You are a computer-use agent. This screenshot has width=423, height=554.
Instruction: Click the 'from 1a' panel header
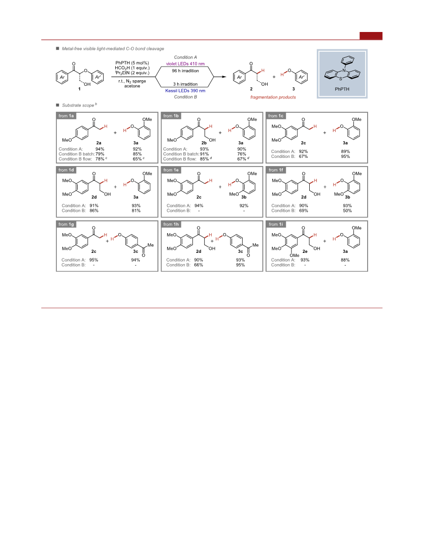coord(66,116)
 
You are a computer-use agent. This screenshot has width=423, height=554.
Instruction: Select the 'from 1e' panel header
coord(171,170)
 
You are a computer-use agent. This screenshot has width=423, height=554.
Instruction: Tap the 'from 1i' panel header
coord(276,224)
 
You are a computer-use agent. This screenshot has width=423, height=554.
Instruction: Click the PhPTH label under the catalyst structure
coord(342,89)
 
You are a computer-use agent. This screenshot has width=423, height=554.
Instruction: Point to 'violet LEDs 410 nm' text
coord(185,64)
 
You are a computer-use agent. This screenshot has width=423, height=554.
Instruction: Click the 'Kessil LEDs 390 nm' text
coord(185,91)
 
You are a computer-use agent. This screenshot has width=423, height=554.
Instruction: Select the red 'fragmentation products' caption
coord(273,97)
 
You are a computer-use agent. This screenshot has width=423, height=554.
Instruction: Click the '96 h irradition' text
coord(185,71)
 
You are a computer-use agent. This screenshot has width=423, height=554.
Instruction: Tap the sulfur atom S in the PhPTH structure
coord(341,79)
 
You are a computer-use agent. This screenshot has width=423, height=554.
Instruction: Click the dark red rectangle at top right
coord(371,36)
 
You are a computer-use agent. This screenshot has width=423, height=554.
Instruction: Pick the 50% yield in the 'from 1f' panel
coord(347,211)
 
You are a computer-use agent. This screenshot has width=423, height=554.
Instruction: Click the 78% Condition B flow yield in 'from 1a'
coord(100,159)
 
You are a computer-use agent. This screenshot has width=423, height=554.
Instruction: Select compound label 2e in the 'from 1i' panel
coord(305,251)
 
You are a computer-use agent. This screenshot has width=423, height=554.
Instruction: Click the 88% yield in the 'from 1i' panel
coord(345,260)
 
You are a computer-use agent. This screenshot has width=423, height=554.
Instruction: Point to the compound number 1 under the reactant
coord(79,89)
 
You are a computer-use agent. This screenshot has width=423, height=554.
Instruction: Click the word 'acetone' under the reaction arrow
coord(132,86)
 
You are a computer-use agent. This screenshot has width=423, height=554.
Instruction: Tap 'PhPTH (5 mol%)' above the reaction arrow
coord(132,63)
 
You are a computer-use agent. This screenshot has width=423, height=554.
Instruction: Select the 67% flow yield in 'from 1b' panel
coord(241,159)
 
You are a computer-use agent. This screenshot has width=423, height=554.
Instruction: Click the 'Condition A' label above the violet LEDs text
coord(185,57)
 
